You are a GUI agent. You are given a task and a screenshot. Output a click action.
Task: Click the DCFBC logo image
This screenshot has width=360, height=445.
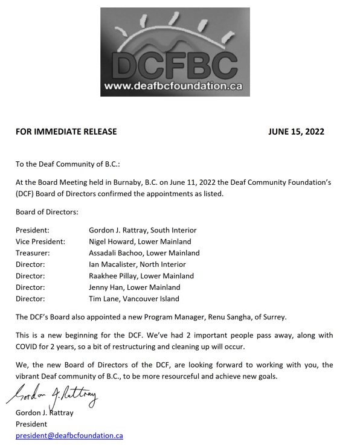(175, 51)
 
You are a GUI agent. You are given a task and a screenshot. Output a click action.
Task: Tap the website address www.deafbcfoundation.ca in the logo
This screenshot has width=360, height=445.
(174, 86)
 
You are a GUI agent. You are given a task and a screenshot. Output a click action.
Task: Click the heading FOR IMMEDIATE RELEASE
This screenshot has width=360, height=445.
(66, 132)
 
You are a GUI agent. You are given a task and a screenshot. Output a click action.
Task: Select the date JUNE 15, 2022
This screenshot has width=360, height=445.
(296, 132)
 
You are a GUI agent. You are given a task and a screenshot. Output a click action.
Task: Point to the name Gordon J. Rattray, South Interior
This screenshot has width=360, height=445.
(143, 230)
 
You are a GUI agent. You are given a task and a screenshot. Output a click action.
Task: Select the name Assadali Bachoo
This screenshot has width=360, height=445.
(118, 253)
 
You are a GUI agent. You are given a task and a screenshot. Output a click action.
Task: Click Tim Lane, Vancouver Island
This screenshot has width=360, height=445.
(134, 298)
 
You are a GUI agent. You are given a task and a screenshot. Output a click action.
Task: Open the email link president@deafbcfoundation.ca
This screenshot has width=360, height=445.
(69, 435)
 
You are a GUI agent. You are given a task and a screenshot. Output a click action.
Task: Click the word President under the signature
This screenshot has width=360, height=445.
(34, 424)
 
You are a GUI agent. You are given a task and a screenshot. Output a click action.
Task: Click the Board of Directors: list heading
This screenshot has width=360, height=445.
(47, 212)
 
